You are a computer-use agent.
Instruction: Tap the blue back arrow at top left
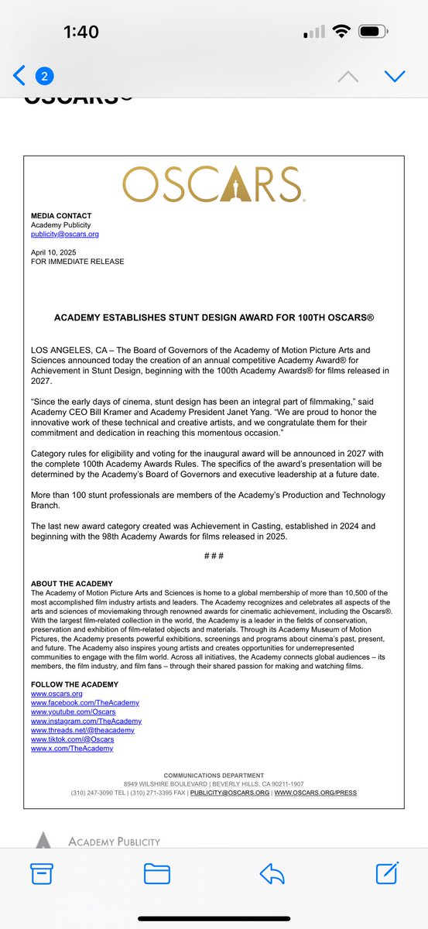(19, 76)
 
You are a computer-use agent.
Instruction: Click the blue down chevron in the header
(395, 76)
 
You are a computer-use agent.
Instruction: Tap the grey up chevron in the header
(348, 76)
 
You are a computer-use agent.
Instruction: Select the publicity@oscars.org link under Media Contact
(65, 234)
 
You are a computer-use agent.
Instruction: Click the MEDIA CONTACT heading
(61, 215)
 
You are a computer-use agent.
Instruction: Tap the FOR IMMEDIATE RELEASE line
(77, 262)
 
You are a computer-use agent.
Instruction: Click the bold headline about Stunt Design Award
(214, 317)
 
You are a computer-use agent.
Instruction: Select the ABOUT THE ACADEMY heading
(72, 584)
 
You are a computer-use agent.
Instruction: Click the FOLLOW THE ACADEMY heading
(75, 684)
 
